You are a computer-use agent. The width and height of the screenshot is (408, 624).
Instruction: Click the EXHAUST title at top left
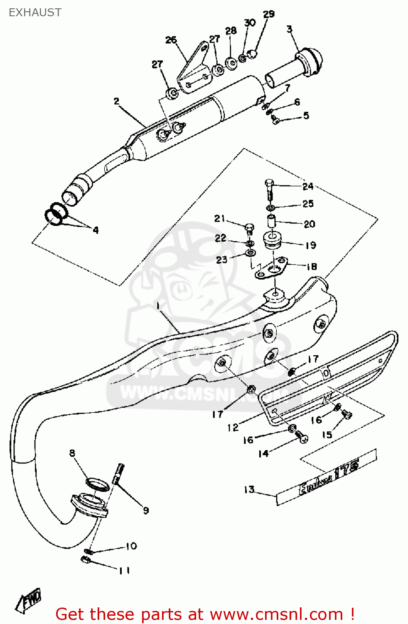[35, 12]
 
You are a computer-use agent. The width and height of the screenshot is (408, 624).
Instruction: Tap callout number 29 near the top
[269, 14]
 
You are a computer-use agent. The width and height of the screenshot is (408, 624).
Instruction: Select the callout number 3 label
[290, 29]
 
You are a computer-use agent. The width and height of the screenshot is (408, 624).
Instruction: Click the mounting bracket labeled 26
[193, 69]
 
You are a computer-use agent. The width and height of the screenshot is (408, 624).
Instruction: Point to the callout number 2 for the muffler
[116, 101]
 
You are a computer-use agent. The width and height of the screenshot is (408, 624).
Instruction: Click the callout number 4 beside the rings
[96, 230]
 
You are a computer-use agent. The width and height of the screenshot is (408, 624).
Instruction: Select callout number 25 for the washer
[308, 204]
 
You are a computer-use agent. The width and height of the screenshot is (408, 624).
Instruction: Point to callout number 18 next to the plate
[312, 267]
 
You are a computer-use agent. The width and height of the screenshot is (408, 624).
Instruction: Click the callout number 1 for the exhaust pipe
[158, 307]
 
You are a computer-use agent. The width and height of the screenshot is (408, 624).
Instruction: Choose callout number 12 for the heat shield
[233, 427]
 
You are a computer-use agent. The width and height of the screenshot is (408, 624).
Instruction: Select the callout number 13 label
[249, 490]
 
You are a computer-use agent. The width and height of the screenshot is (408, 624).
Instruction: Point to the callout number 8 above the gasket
[72, 453]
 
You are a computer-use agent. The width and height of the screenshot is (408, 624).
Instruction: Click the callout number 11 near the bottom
[125, 570]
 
